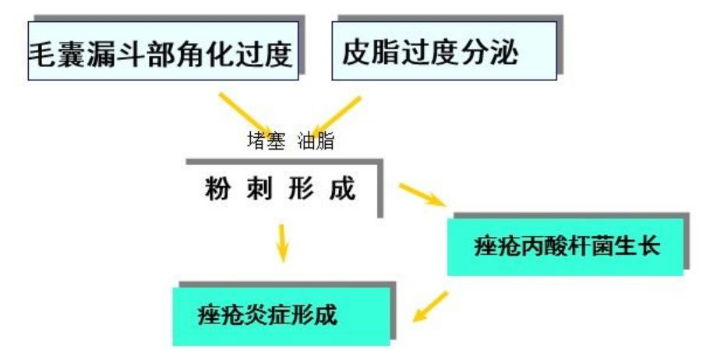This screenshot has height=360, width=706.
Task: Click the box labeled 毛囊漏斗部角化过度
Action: (x=162, y=51)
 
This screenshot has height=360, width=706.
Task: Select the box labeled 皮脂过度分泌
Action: (x=444, y=51)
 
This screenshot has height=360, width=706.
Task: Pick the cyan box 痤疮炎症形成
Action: (x=281, y=316)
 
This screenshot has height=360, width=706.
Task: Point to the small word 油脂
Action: (x=316, y=143)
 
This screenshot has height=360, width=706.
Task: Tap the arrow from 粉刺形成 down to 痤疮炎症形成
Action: (x=282, y=242)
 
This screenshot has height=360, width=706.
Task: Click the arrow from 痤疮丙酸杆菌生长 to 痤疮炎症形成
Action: (x=430, y=306)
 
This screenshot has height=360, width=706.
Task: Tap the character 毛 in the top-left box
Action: (x=41, y=53)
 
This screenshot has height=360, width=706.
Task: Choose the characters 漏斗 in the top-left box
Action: (x=123, y=53)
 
